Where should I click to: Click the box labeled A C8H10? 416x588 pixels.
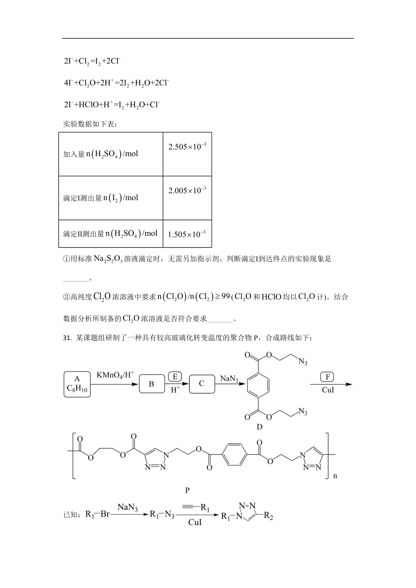77,384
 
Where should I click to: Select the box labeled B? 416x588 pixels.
151,384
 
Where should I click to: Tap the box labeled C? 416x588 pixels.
202,384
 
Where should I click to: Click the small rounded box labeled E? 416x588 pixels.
175,377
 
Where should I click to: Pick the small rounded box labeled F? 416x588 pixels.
327,377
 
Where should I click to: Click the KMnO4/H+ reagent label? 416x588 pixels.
115,375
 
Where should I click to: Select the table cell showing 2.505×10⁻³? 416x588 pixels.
187,154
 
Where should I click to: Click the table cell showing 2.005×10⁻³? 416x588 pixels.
187,198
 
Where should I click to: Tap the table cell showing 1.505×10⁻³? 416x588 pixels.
187,234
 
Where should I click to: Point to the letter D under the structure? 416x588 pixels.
259,427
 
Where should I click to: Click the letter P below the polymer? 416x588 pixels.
187,490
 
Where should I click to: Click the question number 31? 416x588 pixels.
67,338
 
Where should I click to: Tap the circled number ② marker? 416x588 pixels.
67,297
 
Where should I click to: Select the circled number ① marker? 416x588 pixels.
67,259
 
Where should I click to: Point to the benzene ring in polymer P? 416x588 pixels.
234,454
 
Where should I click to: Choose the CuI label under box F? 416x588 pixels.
328,390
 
